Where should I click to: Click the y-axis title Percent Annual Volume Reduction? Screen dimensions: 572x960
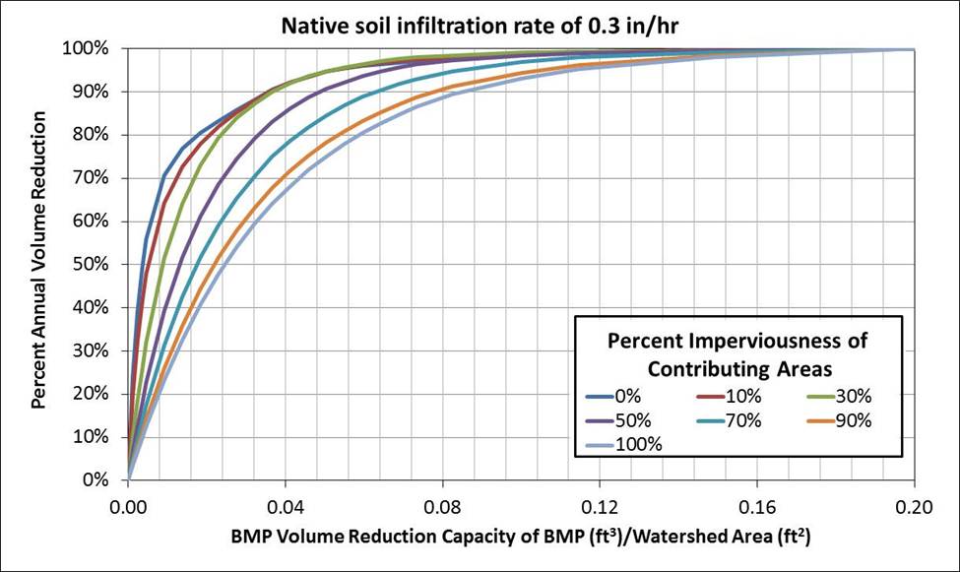click(x=39, y=260)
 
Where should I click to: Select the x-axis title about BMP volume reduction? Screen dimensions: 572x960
click(x=522, y=540)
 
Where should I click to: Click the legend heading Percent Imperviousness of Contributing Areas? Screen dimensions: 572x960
click(x=737, y=354)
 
